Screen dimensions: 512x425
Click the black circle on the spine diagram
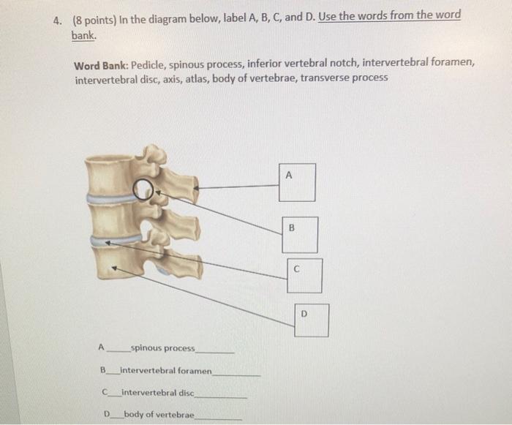(x=133, y=189)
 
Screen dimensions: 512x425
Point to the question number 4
(x=58, y=21)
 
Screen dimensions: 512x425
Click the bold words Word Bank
(x=100, y=66)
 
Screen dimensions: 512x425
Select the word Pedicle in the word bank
(x=148, y=65)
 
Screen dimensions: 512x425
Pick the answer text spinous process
(x=163, y=348)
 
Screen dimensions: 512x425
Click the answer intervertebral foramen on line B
(x=166, y=371)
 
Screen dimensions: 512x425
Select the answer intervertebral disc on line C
(x=158, y=392)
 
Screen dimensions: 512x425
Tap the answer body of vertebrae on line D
(x=159, y=415)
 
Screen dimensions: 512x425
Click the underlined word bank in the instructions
(x=83, y=35)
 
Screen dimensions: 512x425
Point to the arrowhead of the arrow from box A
(x=195, y=188)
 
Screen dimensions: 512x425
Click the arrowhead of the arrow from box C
(x=108, y=243)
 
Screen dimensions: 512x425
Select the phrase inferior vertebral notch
(x=304, y=63)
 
